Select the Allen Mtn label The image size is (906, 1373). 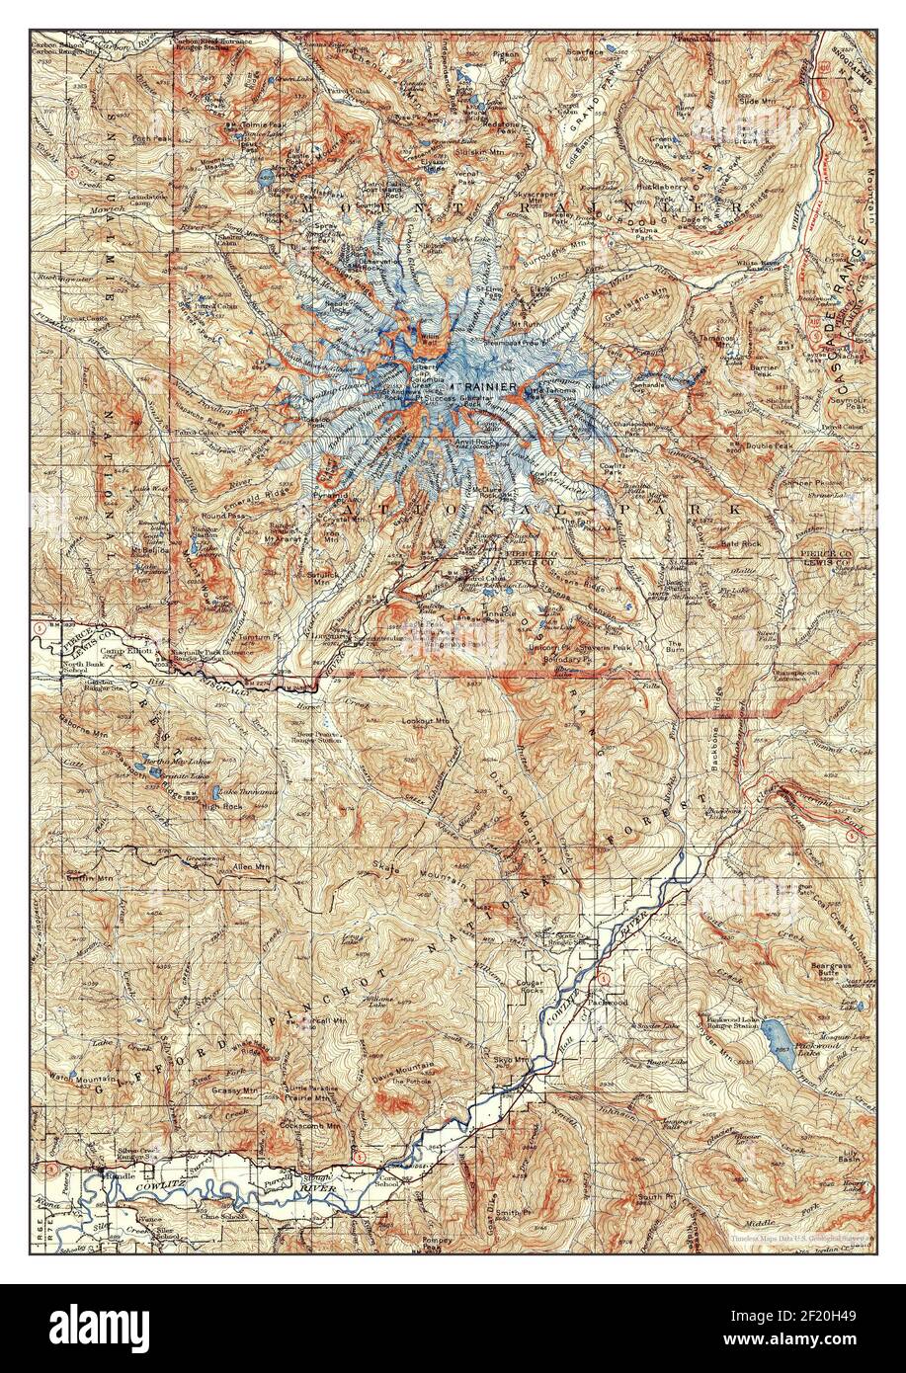249,866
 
